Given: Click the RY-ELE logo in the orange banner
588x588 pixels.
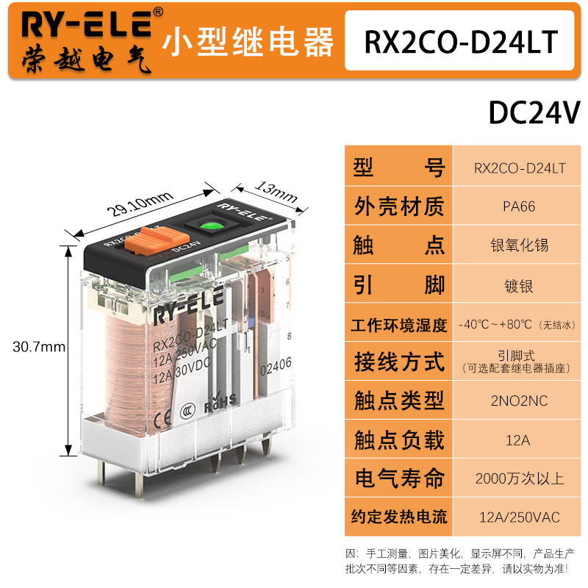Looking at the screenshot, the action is click(x=87, y=25).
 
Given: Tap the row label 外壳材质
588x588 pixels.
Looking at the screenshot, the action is click(x=399, y=207).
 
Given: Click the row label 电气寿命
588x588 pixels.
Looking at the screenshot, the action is click(x=399, y=478).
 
